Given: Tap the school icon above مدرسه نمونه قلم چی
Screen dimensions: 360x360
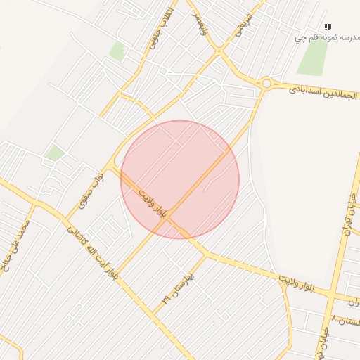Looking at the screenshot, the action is (x=328, y=27).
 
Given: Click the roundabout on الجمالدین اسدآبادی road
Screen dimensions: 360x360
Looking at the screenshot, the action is (x=266, y=84).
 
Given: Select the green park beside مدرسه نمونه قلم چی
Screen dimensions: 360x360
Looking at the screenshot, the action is (x=312, y=58).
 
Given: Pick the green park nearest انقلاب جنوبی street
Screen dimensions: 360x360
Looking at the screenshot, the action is (x=117, y=51).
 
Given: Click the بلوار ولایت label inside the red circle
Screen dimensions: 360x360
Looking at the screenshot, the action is (x=153, y=203).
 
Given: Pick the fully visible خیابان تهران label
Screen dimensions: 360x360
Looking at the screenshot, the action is (x=349, y=219).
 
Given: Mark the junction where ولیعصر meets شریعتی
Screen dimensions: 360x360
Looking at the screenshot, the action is (x=220, y=51).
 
